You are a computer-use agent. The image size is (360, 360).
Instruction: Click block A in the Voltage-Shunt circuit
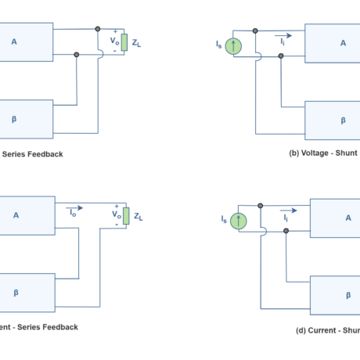(x=333, y=43)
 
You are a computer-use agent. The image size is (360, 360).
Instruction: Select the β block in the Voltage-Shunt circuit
(x=333, y=120)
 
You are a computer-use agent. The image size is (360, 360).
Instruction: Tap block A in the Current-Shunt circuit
(x=335, y=218)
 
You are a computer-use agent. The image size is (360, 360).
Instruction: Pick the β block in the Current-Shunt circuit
(x=335, y=295)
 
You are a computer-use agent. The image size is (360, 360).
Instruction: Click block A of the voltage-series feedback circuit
(x=25, y=41)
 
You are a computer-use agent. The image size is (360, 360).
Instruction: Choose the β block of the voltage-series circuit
(x=25, y=119)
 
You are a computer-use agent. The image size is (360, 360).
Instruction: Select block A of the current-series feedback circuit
(x=26, y=215)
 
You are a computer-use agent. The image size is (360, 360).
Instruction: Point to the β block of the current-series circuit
(x=26, y=292)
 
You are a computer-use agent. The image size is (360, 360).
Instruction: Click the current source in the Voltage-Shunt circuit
(x=233, y=46)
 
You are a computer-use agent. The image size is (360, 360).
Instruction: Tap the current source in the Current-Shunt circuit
(x=238, y=221)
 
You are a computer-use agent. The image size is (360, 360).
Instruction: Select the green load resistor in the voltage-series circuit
(x=124, y=42)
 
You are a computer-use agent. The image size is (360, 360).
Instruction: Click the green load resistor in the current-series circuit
(x=125, y=216)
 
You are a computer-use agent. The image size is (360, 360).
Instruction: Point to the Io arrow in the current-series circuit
(x=74, y=207)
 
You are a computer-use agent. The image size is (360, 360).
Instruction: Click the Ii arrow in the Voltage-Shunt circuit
(x=284, y=36)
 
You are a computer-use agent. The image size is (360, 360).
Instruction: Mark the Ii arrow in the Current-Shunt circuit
(x=288, y=211)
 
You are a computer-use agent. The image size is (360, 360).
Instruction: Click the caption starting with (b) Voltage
(x=322, y=153)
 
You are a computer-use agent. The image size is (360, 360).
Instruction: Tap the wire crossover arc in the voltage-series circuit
(x=100, y=54)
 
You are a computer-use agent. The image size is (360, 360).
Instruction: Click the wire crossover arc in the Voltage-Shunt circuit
(x=259, y=56)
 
